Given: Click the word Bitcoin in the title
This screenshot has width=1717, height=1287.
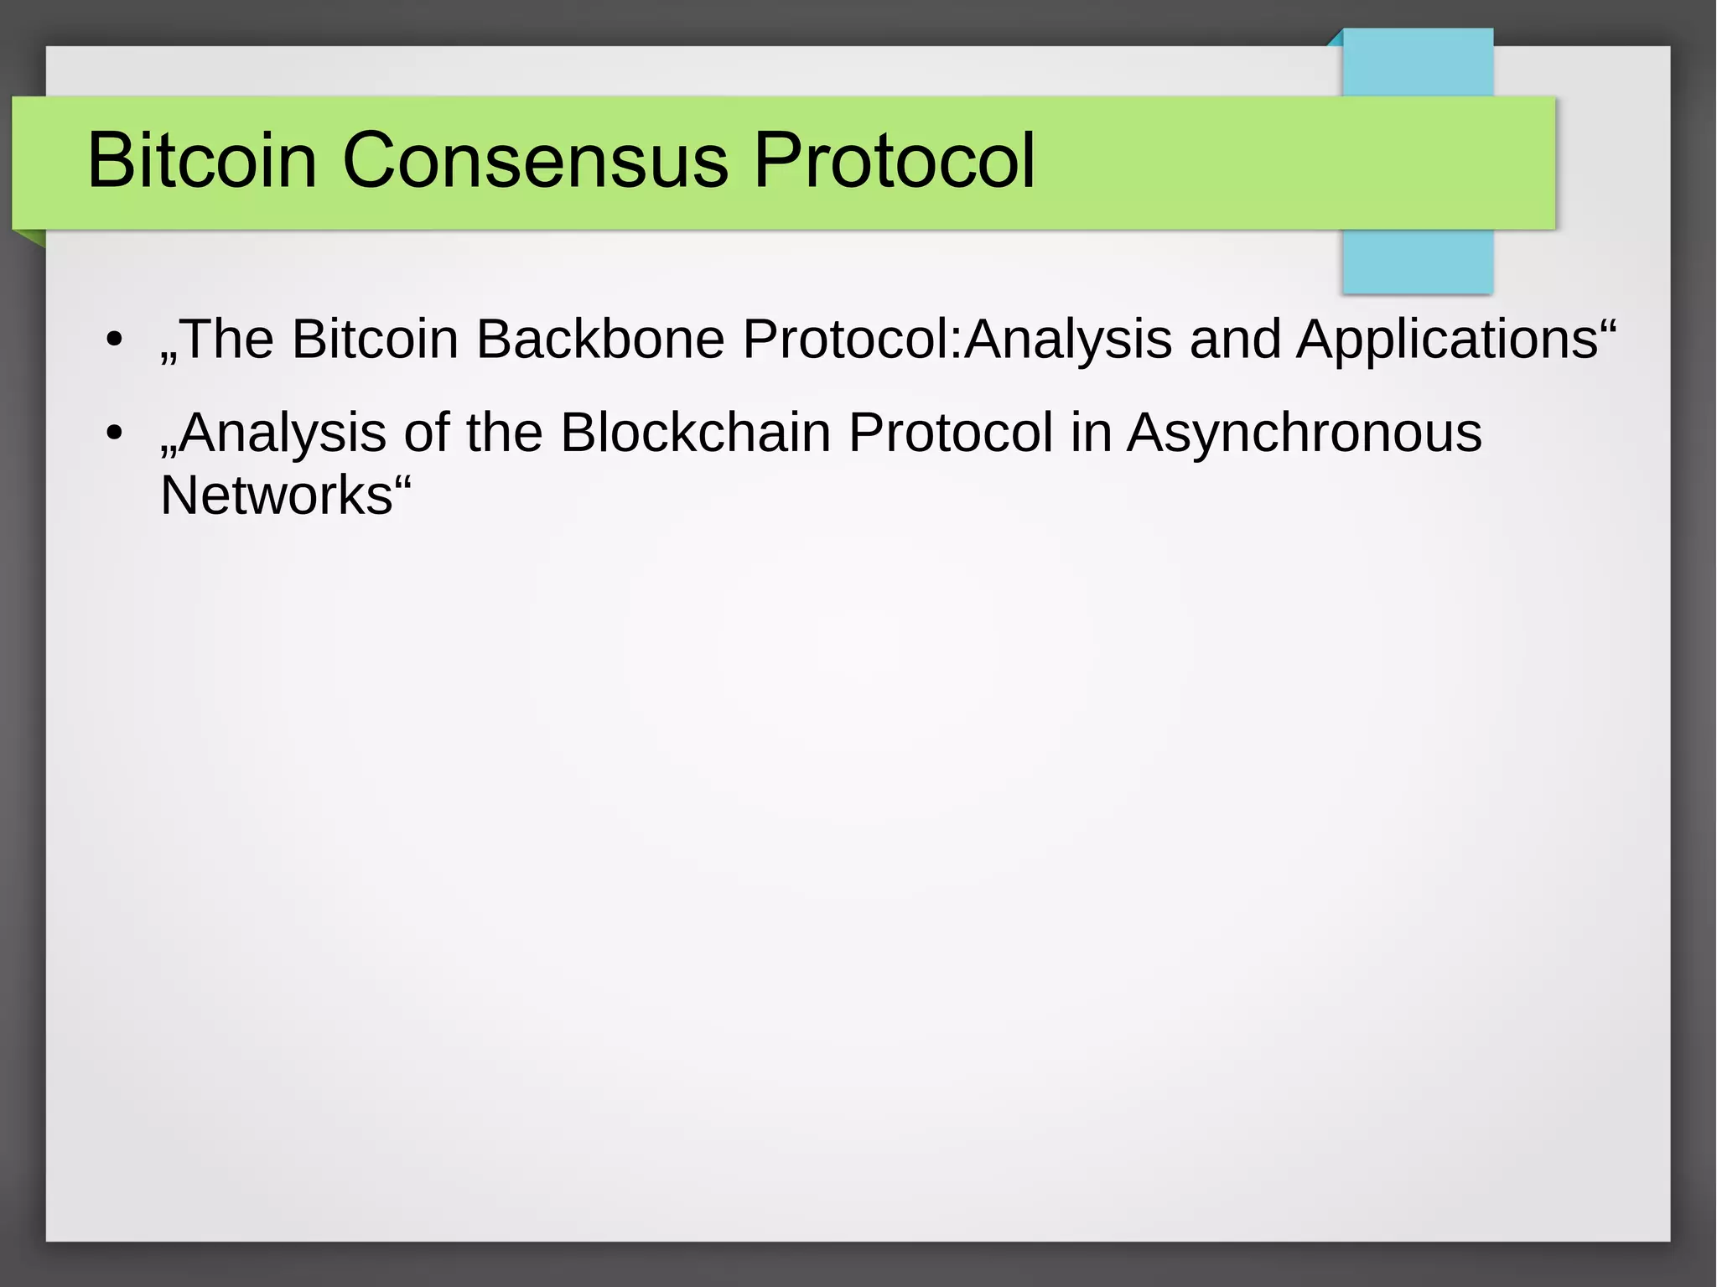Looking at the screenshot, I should pyautogui.click(x=202, y=160).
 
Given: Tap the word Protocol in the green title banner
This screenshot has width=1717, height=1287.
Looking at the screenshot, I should pyautogui.click(x=894, y=160).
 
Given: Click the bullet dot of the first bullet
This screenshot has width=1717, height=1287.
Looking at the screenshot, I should pyautogui.click(x=115, y=340).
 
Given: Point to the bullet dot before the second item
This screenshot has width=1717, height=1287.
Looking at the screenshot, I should pyautogui.click(x=115, y=433).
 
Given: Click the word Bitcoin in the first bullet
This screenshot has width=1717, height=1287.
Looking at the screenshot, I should pyautogui.click(x=375, y=340).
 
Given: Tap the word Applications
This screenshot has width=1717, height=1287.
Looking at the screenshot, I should pyautogui.click(x=1446, y=340).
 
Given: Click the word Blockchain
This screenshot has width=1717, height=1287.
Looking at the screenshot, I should pyautogui.click(x=695, y=433).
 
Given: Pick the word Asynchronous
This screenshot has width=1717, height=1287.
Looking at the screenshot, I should pyautogui.click(x=1304, y=433).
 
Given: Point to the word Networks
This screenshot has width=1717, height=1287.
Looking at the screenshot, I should pyautogui.click(x=276, y=496).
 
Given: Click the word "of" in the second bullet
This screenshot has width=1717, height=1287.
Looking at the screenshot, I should pyautogui.click(x=426, y=433).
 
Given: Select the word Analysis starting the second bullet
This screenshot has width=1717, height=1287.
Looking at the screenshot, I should pyautogui.click(x=282, y=433).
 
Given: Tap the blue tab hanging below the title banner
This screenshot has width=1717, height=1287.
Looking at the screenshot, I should pyautogui.click(x=1418, y=261).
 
